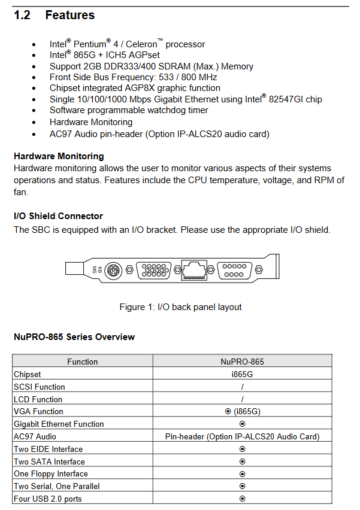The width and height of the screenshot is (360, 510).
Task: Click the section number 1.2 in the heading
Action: (x=22, y=15)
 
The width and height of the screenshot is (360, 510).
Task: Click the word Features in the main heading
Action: (x=70, y=15)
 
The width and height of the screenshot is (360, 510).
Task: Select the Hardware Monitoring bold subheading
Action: (x=59, y=156)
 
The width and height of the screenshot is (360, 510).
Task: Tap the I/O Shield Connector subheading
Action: (x=58, y=216)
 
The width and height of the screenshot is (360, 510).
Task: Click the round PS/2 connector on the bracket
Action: (x=113, y=271)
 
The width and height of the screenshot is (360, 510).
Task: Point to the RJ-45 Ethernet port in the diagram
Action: (x=194, y=270)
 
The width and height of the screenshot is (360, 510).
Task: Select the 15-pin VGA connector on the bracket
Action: (x=153, y=271)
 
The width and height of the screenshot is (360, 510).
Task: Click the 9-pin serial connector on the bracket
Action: (x=234, y=271)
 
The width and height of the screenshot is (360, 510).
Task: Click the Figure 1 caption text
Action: (x=181, y=307)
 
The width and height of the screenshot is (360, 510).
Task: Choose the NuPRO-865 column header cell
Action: (x=243, y=362)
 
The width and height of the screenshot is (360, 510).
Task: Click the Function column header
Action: (x=82, y=362)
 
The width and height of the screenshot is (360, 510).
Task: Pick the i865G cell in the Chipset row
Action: (x=242, y=374)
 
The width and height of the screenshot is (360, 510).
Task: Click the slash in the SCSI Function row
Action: (x=242, y=387)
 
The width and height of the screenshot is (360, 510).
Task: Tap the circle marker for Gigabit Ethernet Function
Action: (x=242, y=424)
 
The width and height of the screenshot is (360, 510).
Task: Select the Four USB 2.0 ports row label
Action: (x=48, y=499)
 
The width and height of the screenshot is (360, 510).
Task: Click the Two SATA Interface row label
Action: (x=49, y=462)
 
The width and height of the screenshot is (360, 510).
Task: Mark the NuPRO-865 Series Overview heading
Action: (x=74, y=337)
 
